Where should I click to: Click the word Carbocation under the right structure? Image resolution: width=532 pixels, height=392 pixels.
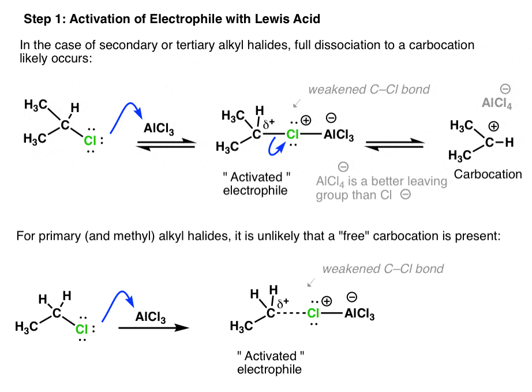[488, 175]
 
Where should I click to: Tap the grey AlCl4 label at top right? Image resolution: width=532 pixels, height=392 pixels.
[497, 103]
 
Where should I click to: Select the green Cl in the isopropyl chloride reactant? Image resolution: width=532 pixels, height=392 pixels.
[90, 140]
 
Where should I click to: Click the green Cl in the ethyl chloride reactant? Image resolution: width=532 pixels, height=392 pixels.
[82, 329]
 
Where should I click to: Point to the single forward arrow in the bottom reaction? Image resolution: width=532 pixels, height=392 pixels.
[153, 328]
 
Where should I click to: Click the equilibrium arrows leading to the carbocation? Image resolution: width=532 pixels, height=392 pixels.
[394, 144]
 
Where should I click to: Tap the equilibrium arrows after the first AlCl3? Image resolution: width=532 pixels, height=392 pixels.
[166, 144]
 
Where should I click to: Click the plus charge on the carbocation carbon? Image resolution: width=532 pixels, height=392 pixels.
[494, 127]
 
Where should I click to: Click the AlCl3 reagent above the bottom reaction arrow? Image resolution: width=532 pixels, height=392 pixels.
[150, 317]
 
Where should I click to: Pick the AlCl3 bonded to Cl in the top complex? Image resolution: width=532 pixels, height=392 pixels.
[339, 135]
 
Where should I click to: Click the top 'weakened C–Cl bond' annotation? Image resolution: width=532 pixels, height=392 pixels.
[369, 90]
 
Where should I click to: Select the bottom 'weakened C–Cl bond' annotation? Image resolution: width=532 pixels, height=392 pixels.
[383, 269]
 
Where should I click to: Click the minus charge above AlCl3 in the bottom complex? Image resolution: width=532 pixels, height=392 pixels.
[352, 297]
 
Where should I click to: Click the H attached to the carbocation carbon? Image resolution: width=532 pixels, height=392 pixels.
[509, 142]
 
